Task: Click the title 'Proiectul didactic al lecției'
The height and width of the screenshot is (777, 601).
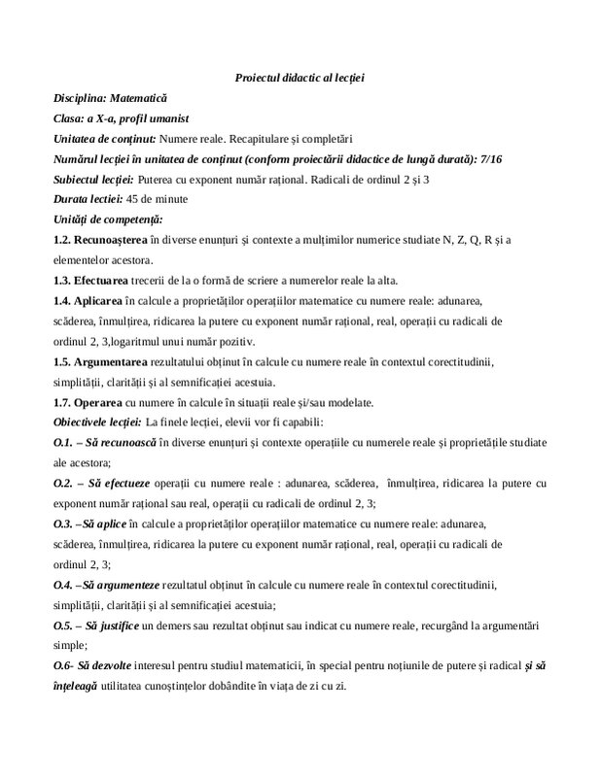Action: click(x=300, y=78)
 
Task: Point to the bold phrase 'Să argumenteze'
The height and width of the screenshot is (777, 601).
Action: click(x=126, y=584)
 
